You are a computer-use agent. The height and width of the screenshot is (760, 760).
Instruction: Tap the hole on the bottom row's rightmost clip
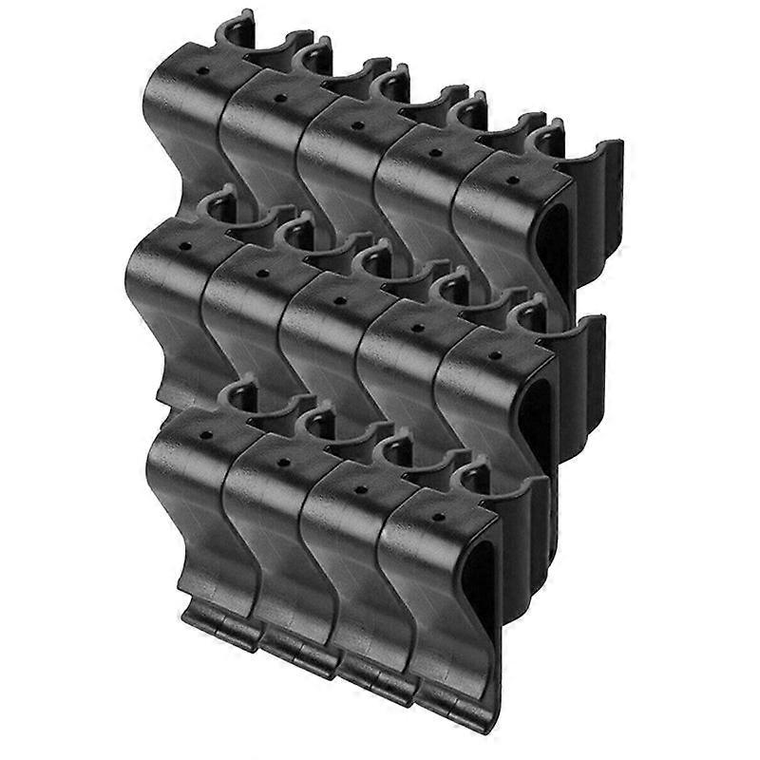(x=436, y=518)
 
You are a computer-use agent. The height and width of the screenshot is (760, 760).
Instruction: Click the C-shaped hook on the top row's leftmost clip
(x=234, y=31)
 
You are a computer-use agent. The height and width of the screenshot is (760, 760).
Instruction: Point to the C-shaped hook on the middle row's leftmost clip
(x=215, y=210)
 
